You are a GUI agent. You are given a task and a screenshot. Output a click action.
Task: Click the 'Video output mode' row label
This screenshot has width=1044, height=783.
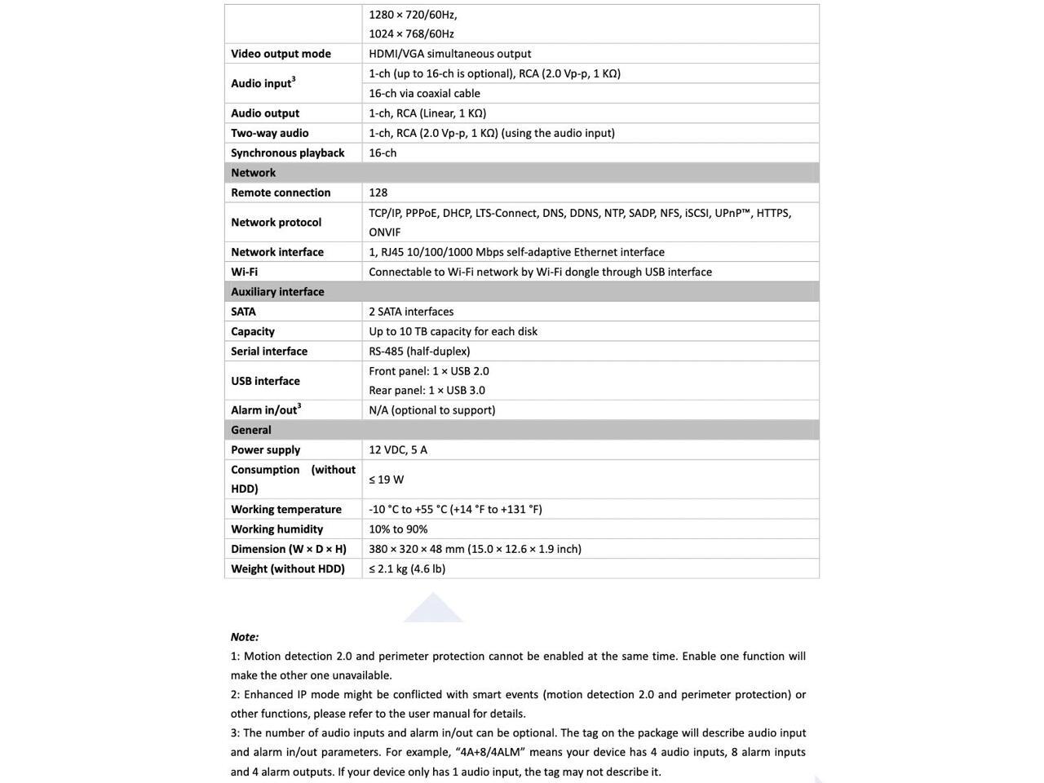pos(281,54)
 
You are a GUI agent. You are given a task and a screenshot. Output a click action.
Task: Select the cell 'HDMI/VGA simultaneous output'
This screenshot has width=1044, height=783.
pos(449,54)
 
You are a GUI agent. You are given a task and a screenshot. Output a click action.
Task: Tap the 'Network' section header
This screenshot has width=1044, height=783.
pos(253,173)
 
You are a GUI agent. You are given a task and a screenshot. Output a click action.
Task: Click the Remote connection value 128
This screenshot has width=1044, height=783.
pos(378,192)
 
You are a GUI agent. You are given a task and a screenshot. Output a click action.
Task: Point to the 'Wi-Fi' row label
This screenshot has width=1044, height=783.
pos(244,272)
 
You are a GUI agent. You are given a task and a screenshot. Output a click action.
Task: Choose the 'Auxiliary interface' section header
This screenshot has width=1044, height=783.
pos(277,292)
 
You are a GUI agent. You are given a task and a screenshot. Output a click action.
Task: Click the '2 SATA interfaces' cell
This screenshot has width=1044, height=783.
pos(411,312)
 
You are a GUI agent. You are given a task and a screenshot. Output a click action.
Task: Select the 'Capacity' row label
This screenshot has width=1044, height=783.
pos(252,331)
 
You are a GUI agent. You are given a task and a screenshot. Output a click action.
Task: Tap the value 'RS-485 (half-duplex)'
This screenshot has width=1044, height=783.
pos(419,352)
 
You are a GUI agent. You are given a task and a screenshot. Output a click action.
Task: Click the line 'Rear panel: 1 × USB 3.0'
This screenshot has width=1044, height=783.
pos(427,391)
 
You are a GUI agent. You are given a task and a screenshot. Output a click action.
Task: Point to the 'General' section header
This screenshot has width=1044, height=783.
pos(250,430)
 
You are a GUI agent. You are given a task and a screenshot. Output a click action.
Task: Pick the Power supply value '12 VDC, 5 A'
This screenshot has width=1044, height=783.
pos(397,450)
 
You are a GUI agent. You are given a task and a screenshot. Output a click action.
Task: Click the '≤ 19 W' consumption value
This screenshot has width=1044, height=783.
pos(386,480)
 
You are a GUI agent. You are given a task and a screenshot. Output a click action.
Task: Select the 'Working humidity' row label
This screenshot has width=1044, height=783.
pos(276,529)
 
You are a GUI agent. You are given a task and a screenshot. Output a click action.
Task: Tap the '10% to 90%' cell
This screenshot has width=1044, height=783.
pos(398,529)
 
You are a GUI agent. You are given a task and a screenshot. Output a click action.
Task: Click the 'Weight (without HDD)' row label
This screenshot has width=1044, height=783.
pos(287,569)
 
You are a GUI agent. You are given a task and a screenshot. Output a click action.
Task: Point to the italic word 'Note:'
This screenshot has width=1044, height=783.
pos(245,637)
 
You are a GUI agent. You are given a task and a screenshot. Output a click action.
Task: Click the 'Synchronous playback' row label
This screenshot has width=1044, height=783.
pos(287,153)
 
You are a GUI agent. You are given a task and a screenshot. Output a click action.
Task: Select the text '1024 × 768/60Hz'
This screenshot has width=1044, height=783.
pos(411,34)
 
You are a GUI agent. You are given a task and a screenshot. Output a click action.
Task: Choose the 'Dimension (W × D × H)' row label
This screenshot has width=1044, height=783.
pos(288,549)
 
